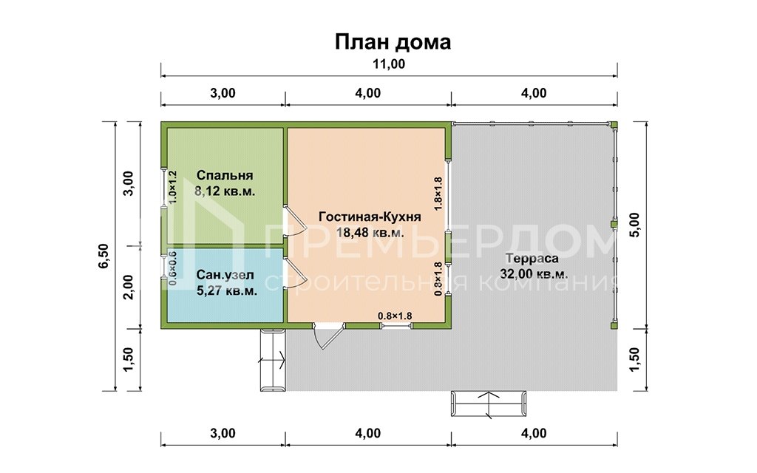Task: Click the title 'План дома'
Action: pos(393,41)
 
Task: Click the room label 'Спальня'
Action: pos(225,176)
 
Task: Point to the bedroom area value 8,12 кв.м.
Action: pos(225,191)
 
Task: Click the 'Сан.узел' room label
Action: pos(225,276)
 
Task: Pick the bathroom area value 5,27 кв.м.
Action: pos(227,290)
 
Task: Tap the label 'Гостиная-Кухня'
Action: pos(370,217)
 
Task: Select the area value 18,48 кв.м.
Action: pos(370,232)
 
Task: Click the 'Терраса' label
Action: pos(533,259)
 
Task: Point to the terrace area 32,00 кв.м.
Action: pos(534,273)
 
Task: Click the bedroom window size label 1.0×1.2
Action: pos(173,188)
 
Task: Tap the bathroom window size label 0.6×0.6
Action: pos(173,269)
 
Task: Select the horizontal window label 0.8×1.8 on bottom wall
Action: pos(395,316)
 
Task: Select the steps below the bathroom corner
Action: pos(272,360)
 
